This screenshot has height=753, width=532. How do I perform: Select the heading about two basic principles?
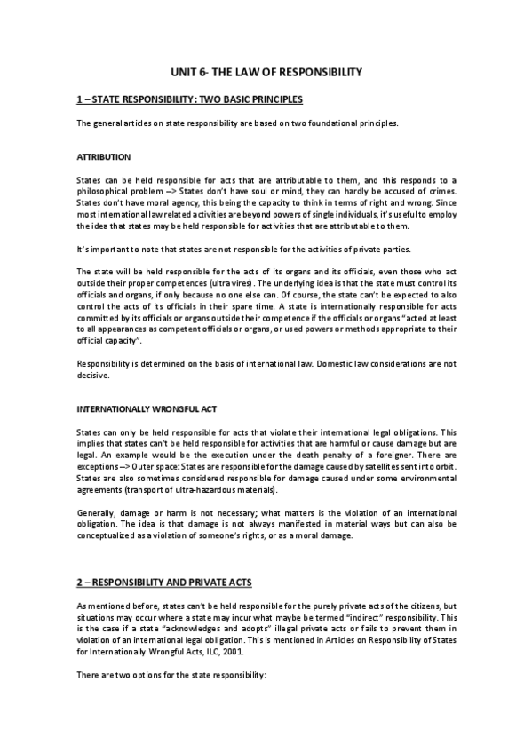click(x=190, y=99)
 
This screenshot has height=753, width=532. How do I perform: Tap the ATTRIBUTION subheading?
click(x=104, y=157)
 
